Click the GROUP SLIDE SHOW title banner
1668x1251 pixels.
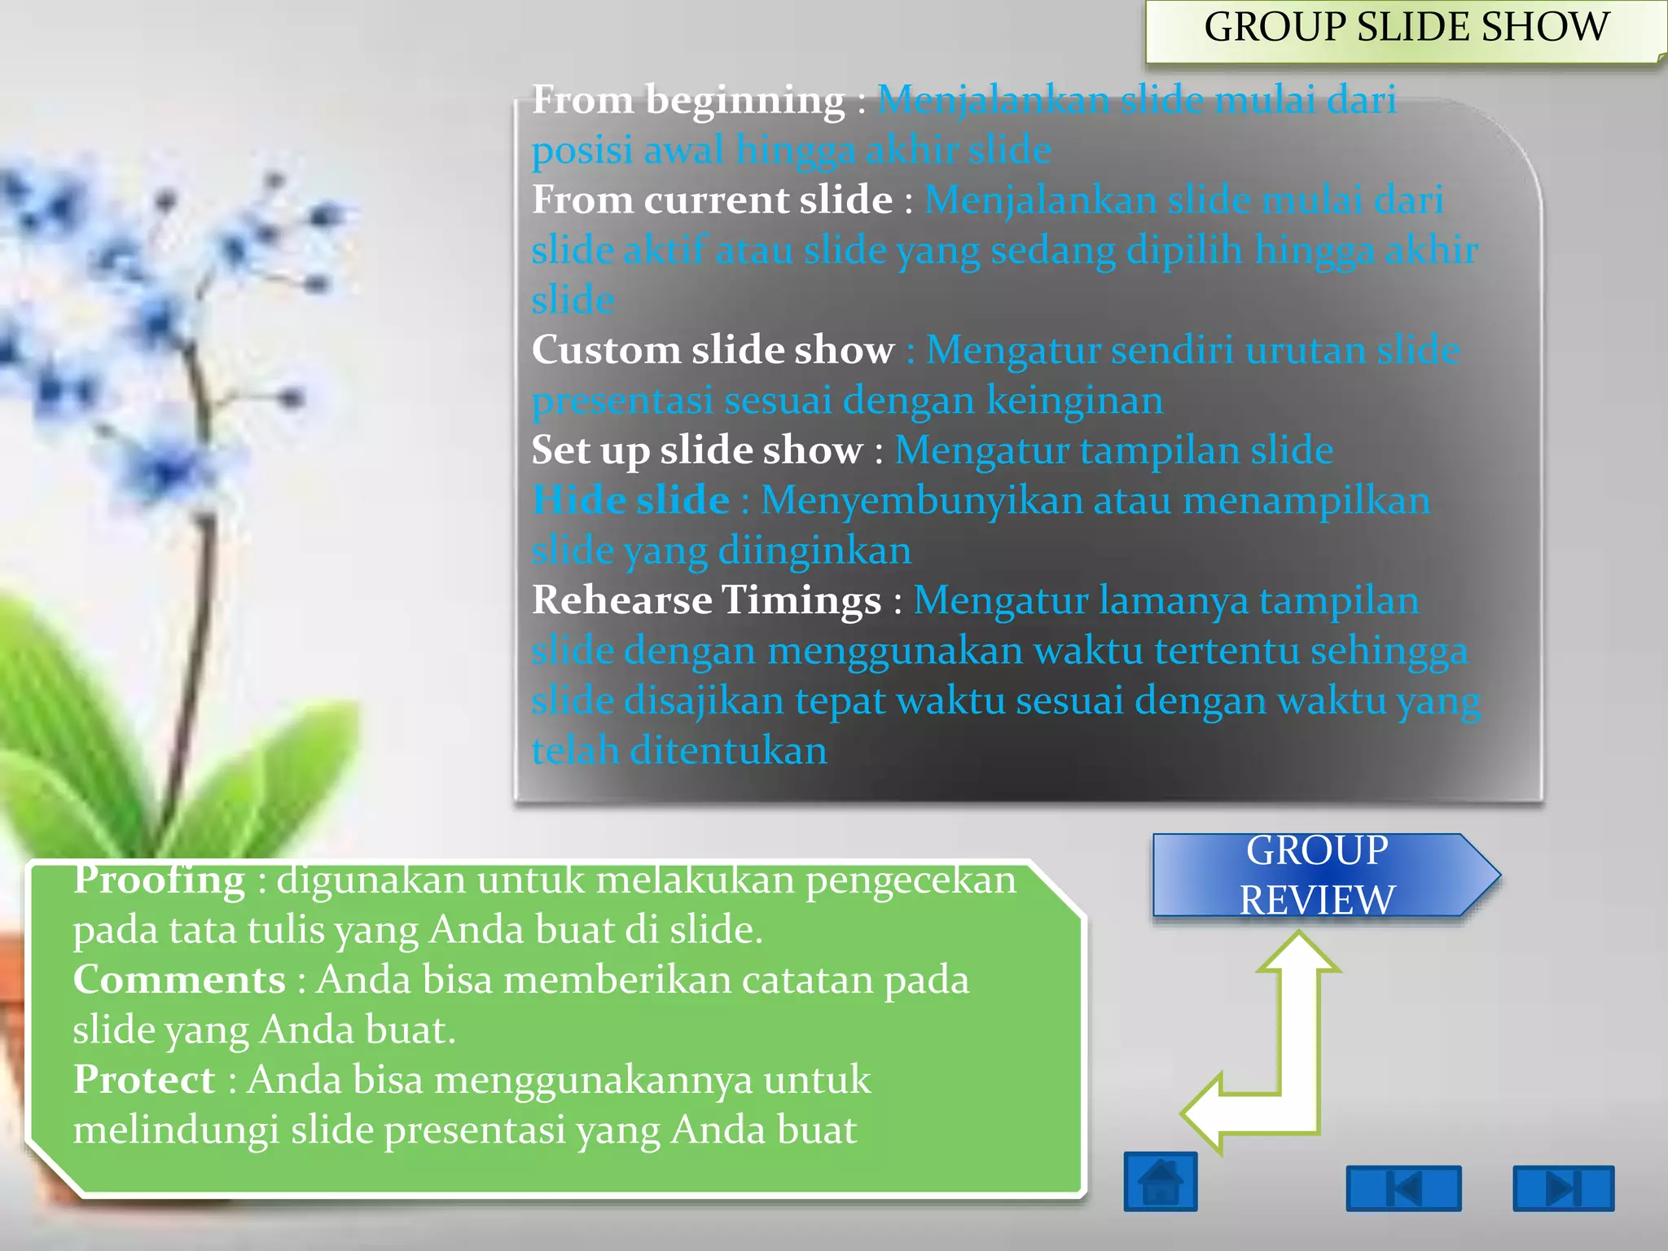click(1406, 29)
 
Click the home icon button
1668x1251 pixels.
click(1160, 1182)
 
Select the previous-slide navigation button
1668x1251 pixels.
click(1403, 1188)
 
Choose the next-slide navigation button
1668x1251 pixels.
click(1563, 1188)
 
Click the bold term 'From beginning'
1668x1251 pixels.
click(688, 101)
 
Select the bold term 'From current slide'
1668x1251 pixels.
click(712, 200)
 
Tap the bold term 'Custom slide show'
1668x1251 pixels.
click(713, 350)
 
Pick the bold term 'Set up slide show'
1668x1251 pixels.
click(697, 450)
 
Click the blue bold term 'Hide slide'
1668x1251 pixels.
click(630, 500)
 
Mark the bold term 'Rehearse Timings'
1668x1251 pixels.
click(706, 600)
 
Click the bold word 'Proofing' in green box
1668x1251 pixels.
click(159, 880)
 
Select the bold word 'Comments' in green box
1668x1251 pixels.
click(179, 980)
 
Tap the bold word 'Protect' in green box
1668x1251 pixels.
click(144, 1080)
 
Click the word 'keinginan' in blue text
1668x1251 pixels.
click(1074, 401)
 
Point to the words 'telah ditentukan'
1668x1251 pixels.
click(679, 750)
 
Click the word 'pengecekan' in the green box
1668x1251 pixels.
click(911, 880)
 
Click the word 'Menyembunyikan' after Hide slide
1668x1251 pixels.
click(921, 501)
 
